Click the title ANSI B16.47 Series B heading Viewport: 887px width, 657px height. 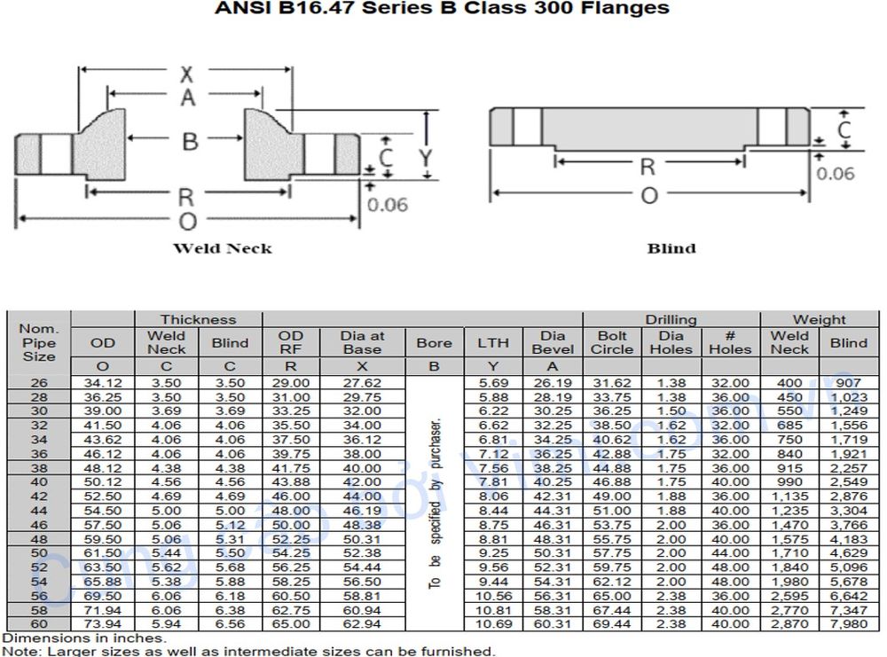tap(443, 9)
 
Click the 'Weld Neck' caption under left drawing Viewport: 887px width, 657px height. tap(222, 248)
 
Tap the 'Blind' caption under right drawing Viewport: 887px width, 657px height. tap(671, 248)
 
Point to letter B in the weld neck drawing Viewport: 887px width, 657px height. tap(189, 141)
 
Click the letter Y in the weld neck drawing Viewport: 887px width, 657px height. tap(426, 158)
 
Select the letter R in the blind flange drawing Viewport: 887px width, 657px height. tap(648, 166)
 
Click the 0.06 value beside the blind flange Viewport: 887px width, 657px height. tap(836, 173)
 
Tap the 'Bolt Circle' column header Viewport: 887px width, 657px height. tap(612, 342)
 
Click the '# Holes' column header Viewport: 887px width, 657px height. tap(730, 342)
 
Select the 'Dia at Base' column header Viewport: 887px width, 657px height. tap(362, 342)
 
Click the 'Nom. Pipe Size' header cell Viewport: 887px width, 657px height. tap(38, 342)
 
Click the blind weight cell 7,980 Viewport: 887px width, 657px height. tap(849, 625)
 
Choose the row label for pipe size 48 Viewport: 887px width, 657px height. tap(38, 538)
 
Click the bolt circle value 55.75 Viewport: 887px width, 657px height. tap(612, 538)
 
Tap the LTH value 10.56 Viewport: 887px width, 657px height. tap(493, 597)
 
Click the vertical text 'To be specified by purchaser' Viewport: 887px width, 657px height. tap(435, 502)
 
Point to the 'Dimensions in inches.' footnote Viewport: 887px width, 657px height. tap(84, 638)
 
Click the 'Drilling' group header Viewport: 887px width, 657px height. tap(671, 319)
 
